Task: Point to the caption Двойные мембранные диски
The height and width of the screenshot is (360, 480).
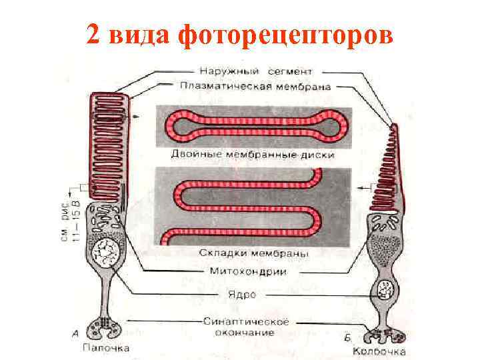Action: pyautogui.click(x=253, y=155)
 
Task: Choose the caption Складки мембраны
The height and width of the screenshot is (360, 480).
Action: pyautogui.click(x=253, y=253)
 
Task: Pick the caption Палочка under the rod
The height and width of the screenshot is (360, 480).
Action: pyautogui.click(x=106, y=348)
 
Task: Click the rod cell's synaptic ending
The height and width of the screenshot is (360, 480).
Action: pyautogui.click(x=106, y=327)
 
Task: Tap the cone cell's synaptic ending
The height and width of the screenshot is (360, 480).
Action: pyautogui.click(x=385, y=333)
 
